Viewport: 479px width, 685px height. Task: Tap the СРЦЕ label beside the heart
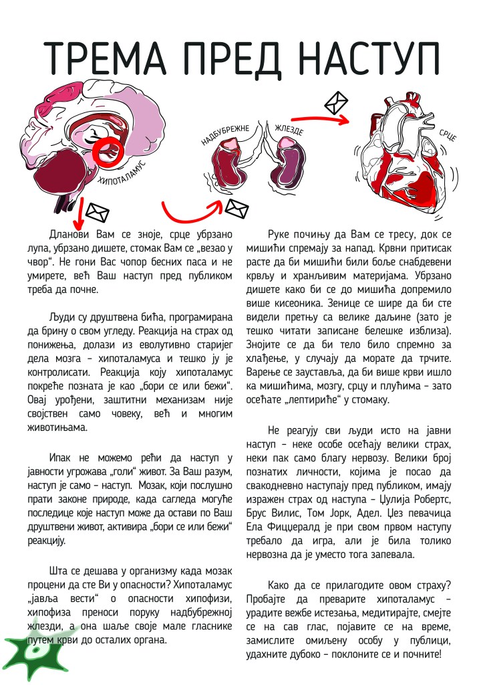click(x=447, y=138)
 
